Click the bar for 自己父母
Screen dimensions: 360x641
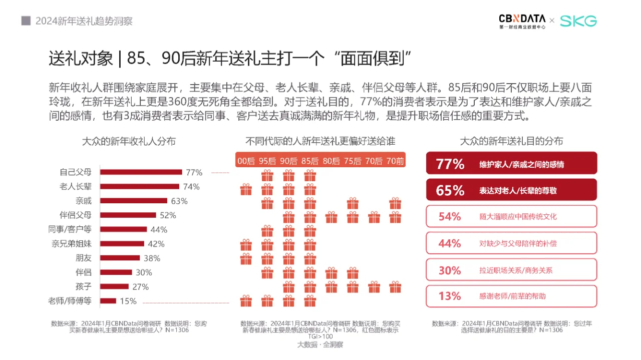[141, 172]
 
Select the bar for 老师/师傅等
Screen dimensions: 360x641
[108, 301]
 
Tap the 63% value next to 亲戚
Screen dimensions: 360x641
[179, 201]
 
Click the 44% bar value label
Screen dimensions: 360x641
[159, 230]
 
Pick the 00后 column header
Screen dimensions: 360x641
[246, 161]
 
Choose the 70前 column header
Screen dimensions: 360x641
[395, 161]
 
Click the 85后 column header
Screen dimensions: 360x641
[310, 161]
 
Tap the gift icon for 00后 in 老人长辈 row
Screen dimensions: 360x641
[246, 189]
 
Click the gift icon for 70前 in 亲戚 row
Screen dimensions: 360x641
[395, 203]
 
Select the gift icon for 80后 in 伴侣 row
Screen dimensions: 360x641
[331, 273]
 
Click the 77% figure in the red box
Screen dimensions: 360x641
[450, 164]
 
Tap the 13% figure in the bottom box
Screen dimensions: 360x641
[449, 296]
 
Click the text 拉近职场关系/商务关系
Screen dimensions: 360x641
[516, 270]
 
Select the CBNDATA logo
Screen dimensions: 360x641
[521, 21]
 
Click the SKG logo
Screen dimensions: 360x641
[578, 21]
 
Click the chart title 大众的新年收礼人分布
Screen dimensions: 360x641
[129, 141]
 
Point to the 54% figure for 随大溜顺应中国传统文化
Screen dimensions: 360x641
[449, 217]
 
